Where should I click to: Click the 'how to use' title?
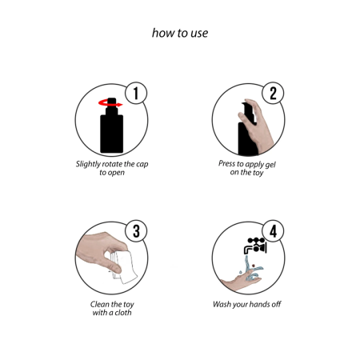[180, 33]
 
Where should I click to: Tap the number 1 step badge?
[136, 93]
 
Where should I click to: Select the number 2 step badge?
[273, 93]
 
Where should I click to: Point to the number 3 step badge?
[136, 231]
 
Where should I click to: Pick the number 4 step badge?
[273, 231]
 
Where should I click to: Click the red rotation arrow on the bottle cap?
[110, 103]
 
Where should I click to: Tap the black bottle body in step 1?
[112, 134]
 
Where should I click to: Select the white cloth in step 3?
[124, 266]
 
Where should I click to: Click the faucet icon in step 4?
[255, 246]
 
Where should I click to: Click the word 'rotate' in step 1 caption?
[111, 164]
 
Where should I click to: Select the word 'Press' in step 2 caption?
[226, 163]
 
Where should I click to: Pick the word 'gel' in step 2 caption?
[270, 165]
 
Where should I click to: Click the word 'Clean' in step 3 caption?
[100, 304]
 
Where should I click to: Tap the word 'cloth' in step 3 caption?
[123, 312]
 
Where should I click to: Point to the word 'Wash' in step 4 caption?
[222, 304]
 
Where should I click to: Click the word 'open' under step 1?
[116, 173]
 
